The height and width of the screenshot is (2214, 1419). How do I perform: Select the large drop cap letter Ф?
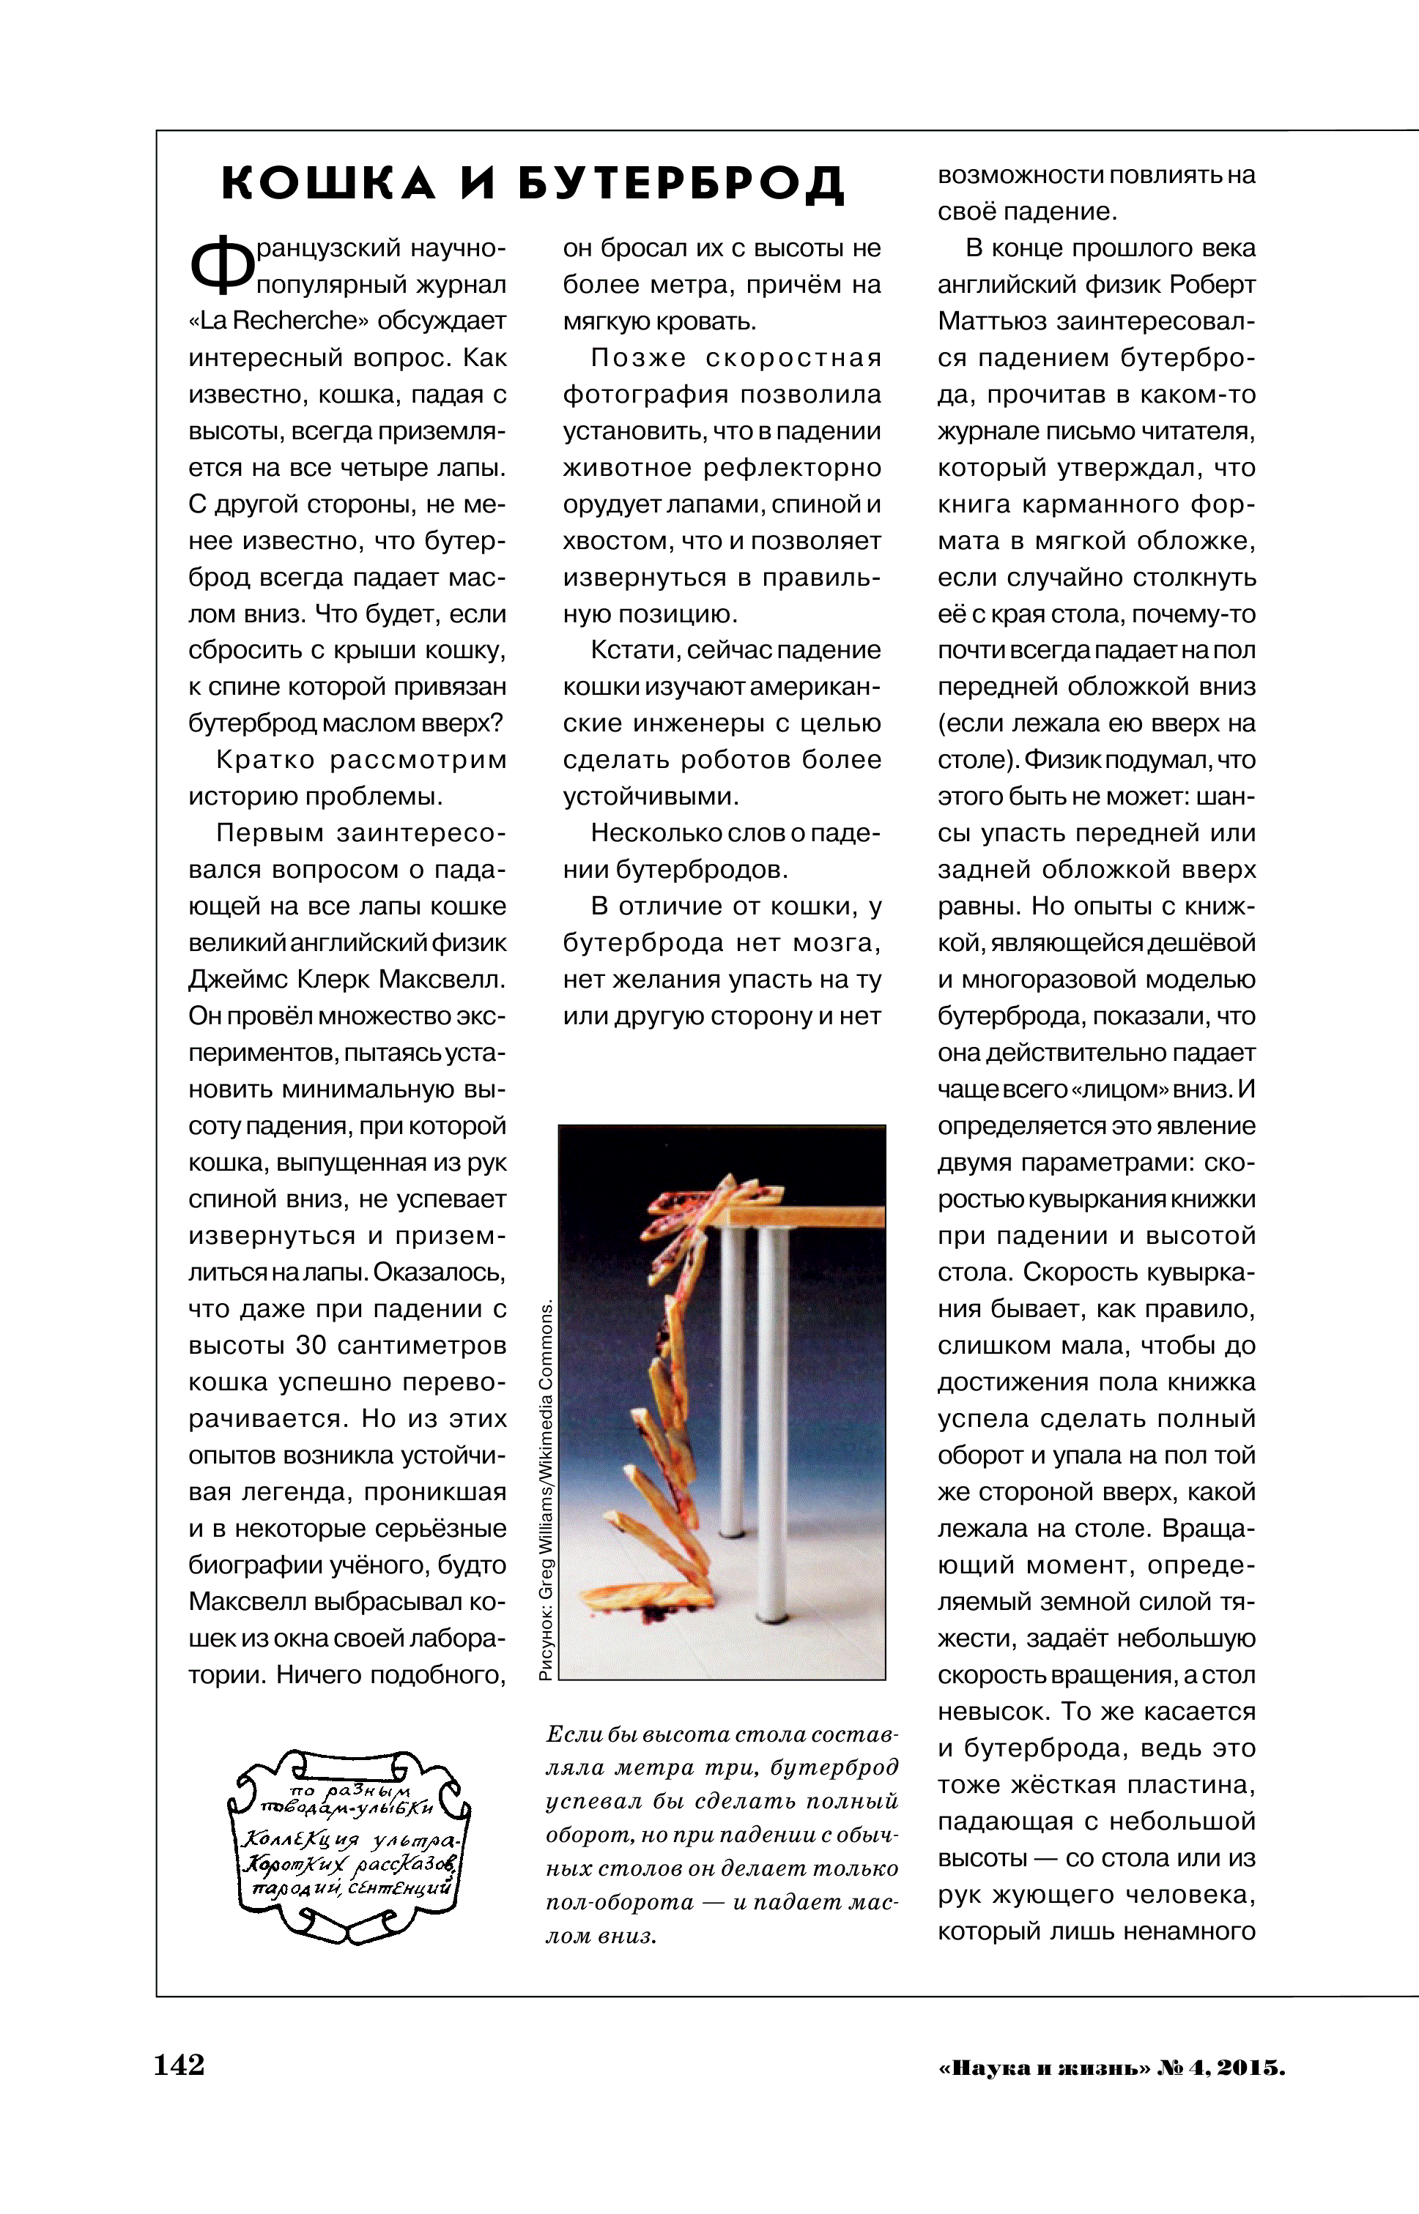coord(221,264)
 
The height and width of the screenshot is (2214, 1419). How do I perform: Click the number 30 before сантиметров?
coord(311,1346)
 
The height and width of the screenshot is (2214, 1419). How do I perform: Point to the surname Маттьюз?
coord(990,321)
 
